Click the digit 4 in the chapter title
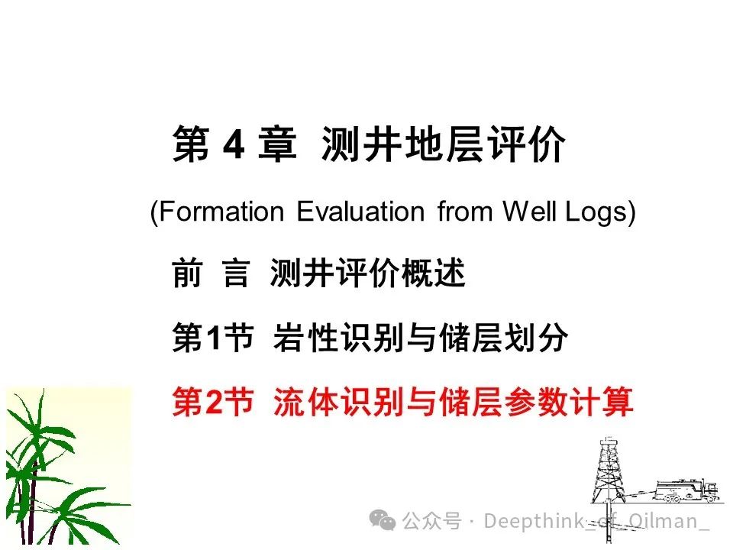[x=234, y=144]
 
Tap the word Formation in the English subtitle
[x=221, y=212]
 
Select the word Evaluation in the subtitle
[x=360, y=212]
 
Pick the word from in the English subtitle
[x=465, y=212]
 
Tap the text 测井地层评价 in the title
[x=443, y=144]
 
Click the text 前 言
[x=211, y=273]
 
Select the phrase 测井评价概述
[x=367, y=273]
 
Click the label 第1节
[x=213, y=338]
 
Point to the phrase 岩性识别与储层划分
[x=421, y=338]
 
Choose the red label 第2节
[x=213, y=402]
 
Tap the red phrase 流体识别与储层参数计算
[x=453, y=402]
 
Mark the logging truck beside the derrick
[x=686, y=491]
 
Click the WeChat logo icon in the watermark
[x=383, y=520]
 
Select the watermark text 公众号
[x=431, y=521]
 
